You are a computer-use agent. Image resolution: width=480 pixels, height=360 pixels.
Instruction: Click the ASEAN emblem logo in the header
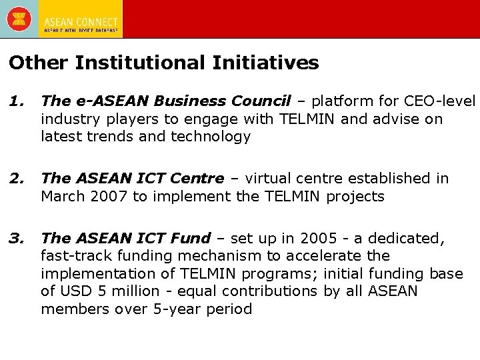18,18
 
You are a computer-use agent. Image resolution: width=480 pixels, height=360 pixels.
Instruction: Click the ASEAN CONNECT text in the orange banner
81,23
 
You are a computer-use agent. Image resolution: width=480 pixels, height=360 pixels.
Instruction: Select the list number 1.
16,101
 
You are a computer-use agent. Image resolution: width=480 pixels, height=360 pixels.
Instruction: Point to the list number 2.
16,179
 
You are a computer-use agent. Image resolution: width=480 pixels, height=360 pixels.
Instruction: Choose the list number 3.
16,238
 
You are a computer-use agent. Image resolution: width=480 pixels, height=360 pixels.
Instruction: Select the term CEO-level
440,101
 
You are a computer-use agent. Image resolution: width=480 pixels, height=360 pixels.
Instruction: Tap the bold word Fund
193,238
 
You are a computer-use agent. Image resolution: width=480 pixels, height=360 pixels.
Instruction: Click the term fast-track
71,255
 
